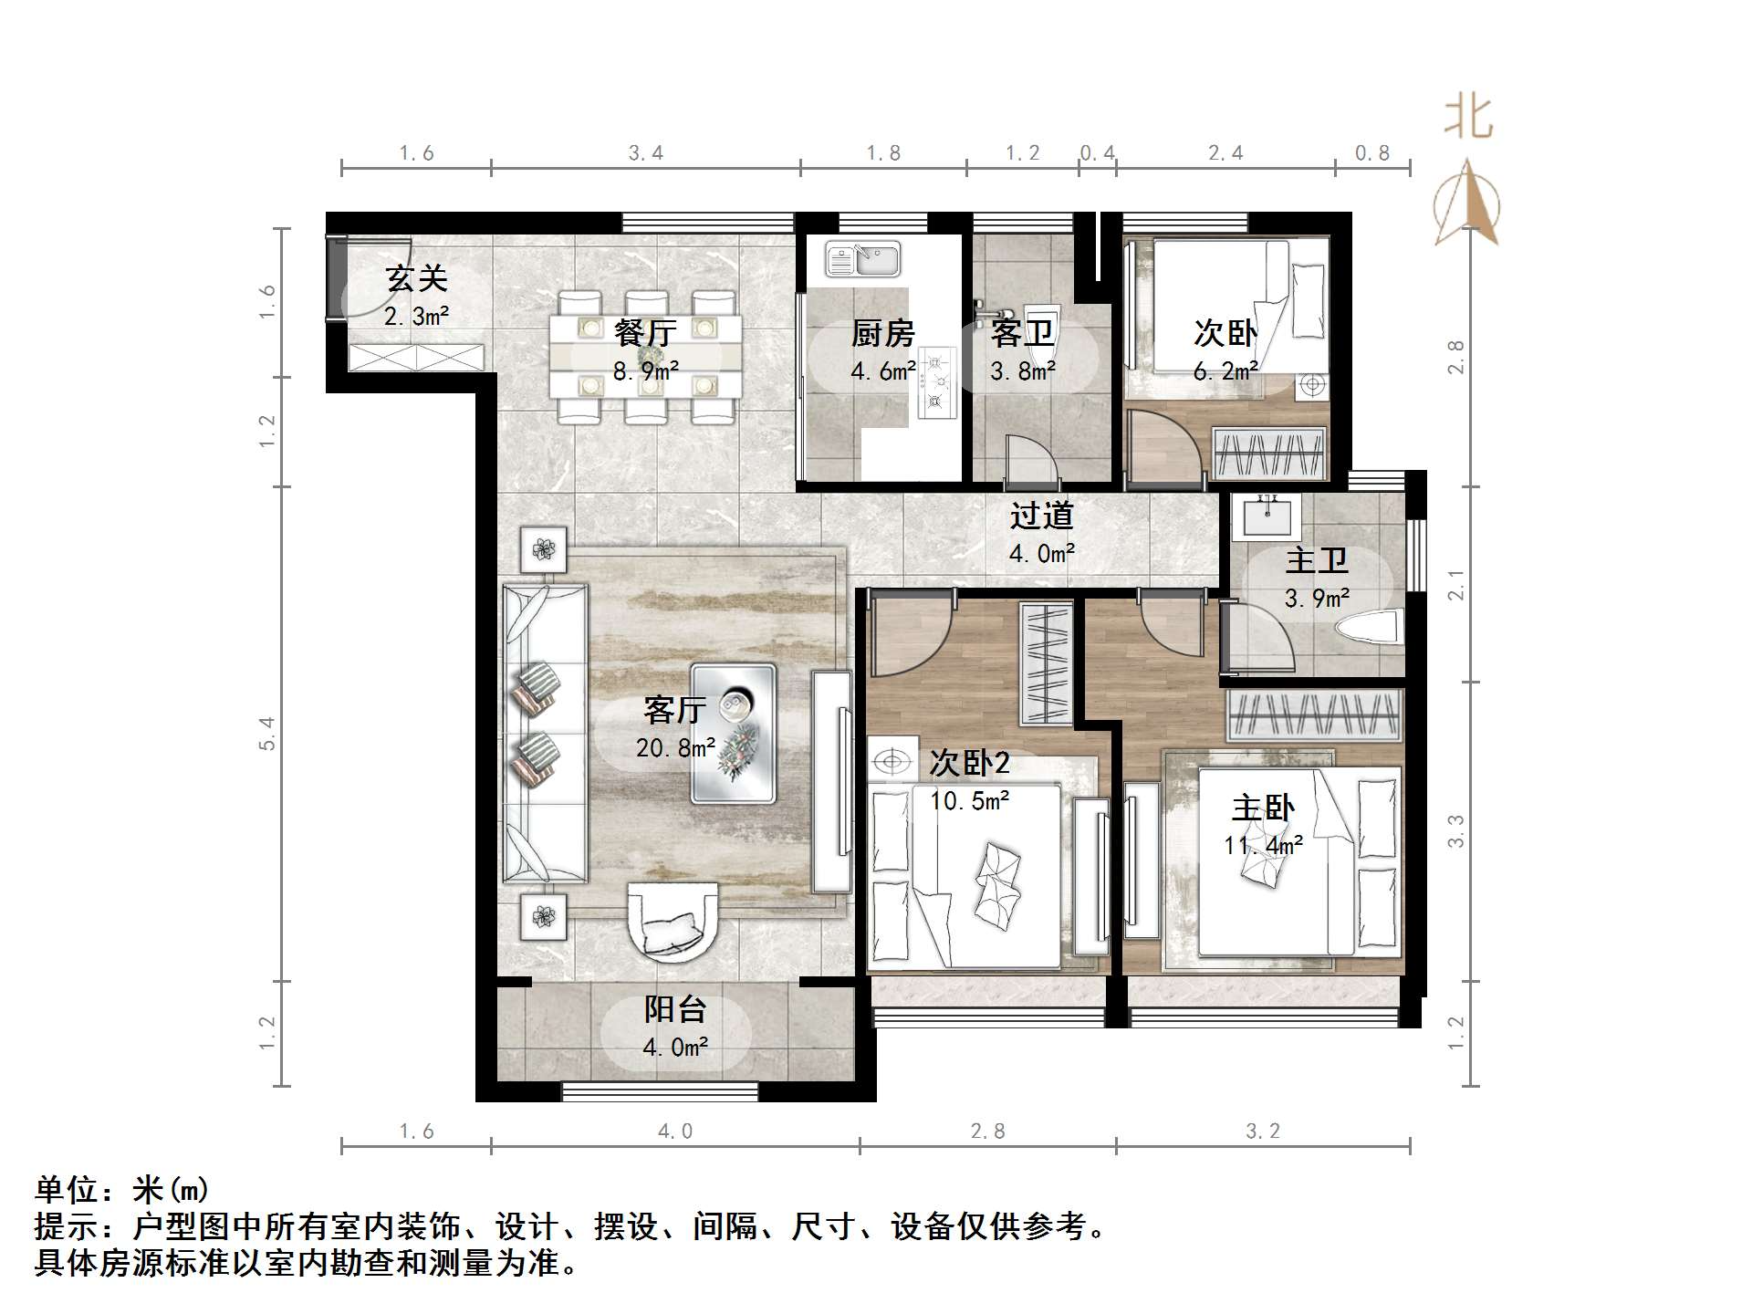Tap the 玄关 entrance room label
416,278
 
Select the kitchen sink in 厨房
863,259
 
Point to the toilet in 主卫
1369,629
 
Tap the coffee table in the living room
734,734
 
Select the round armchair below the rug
673,922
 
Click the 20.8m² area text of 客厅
675,748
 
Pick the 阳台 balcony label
675,1009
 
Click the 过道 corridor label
1041,516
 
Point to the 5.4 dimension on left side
266,734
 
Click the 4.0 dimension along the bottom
675,1131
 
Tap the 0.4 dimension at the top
1097,153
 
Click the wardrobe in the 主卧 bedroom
1314,715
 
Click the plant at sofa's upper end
544,549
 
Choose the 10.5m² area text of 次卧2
969,801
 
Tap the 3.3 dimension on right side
1456,830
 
